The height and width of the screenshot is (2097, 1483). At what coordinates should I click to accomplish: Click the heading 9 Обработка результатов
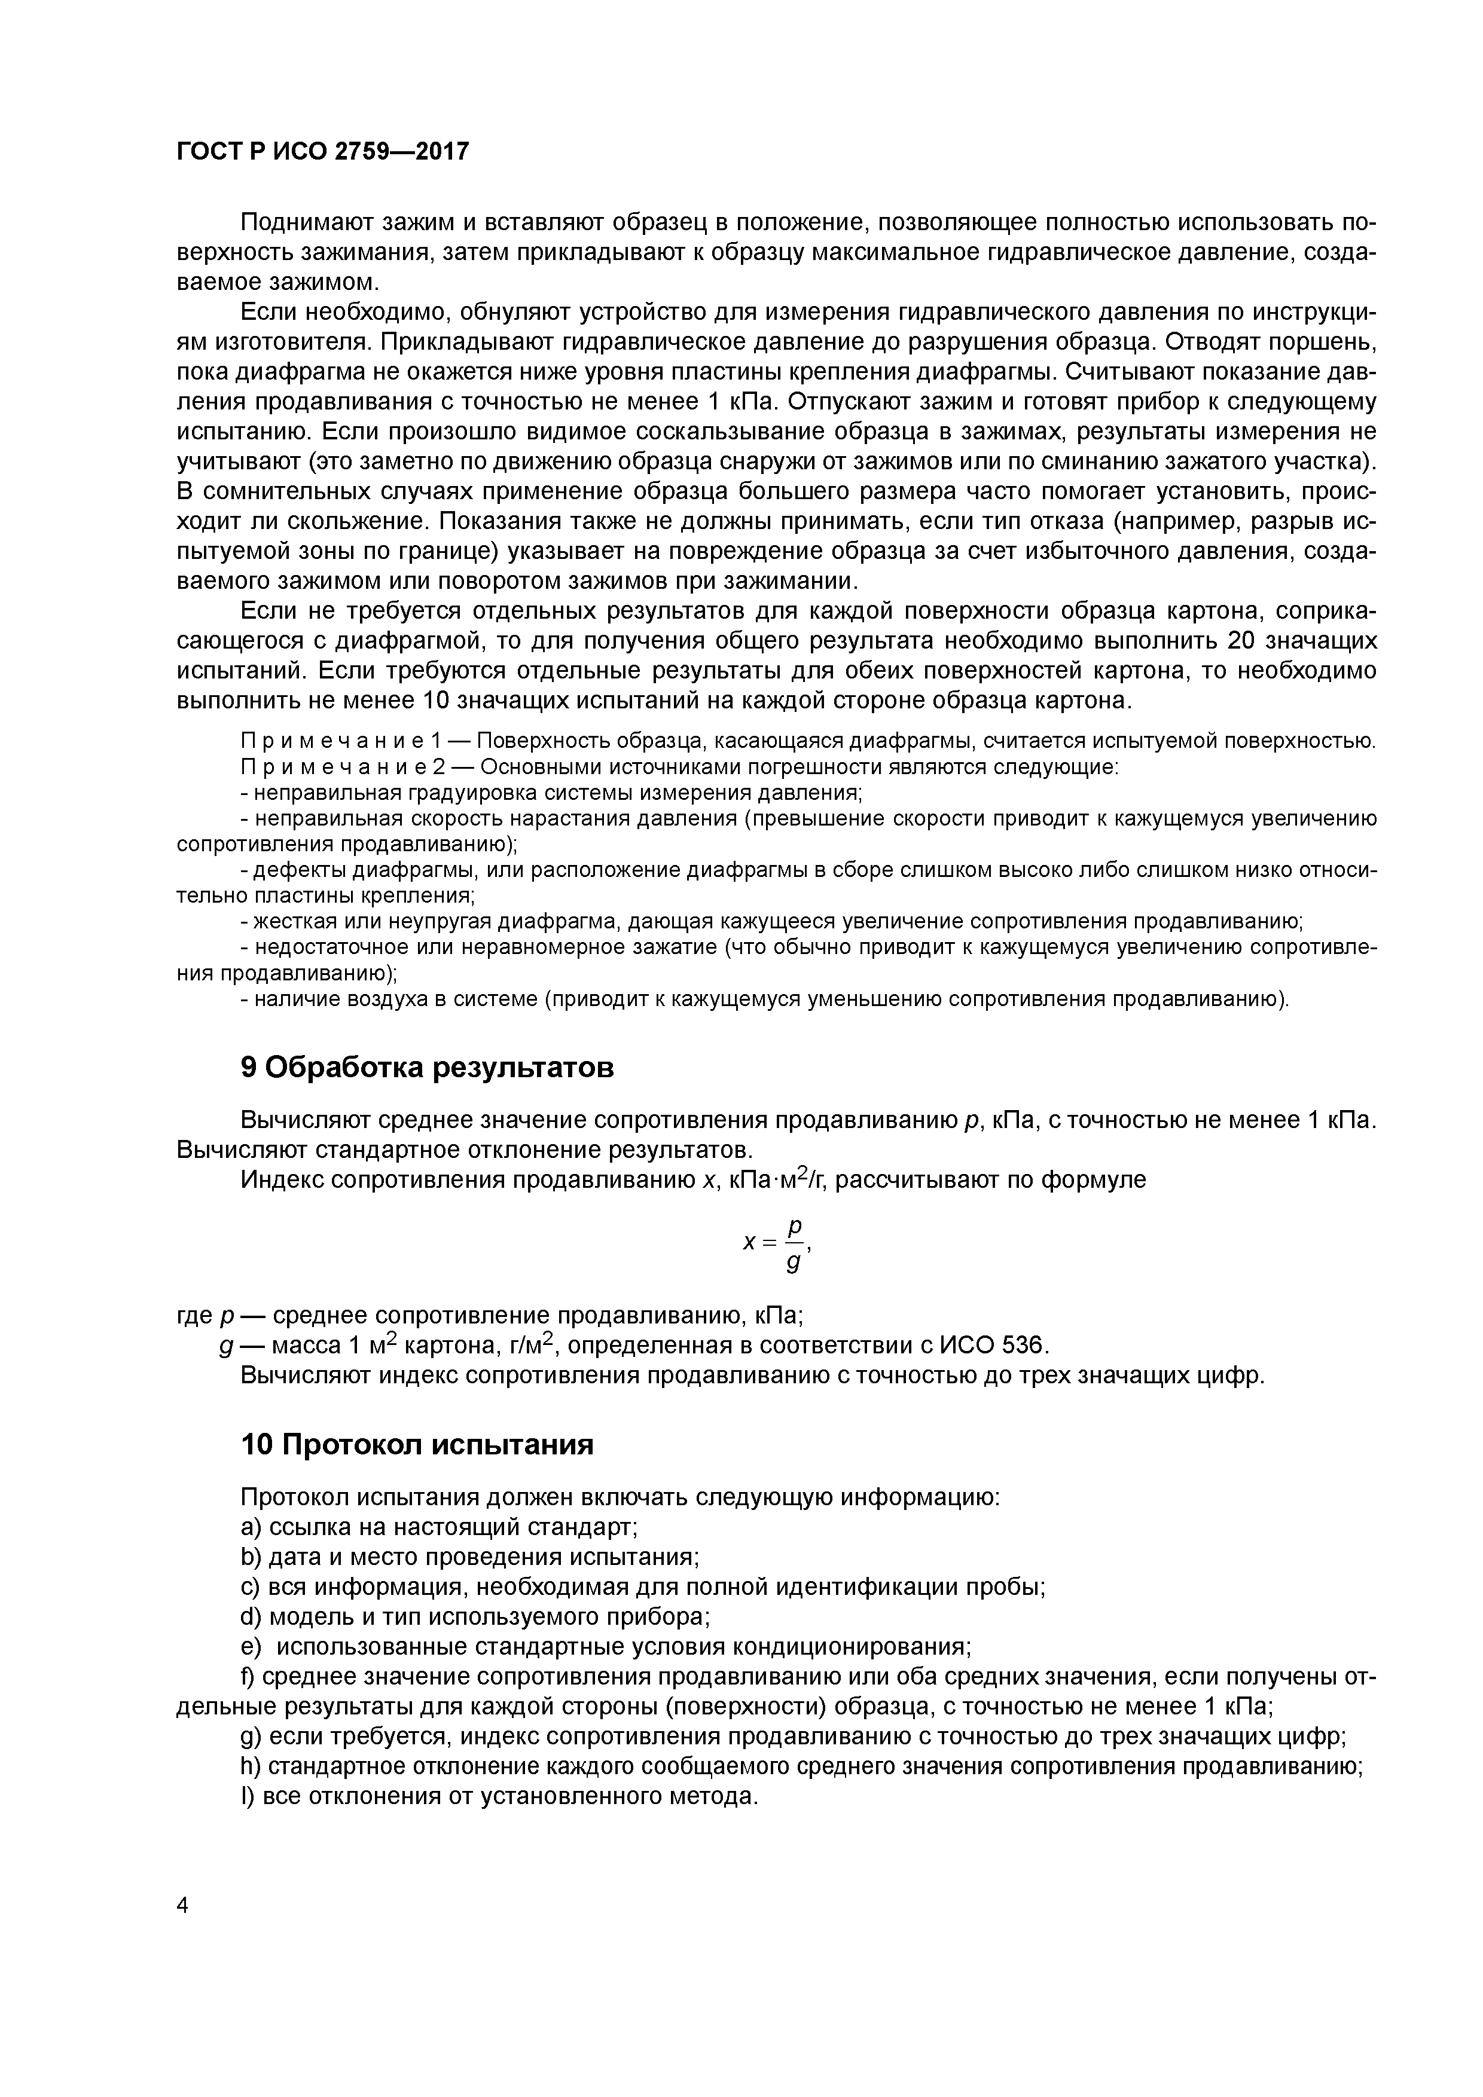[427, 1067]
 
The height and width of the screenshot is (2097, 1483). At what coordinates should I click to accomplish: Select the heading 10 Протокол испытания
[417, 1444]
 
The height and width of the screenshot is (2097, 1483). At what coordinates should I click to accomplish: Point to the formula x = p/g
[777, 1244]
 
